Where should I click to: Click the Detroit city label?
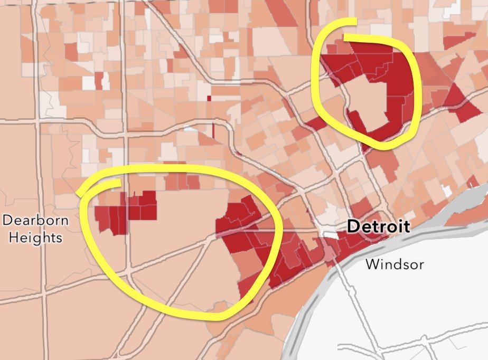[378, 227]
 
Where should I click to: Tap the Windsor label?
[395, 263]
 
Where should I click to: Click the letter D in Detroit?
[352, 227]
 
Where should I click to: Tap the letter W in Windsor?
[372, 263]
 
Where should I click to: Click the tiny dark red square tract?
[209, 98]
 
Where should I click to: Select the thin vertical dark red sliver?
[213, 130]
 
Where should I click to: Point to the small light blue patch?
[189, 128]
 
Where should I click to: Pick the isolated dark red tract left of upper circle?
[315, 124]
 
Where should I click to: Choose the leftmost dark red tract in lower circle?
[101, 216]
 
